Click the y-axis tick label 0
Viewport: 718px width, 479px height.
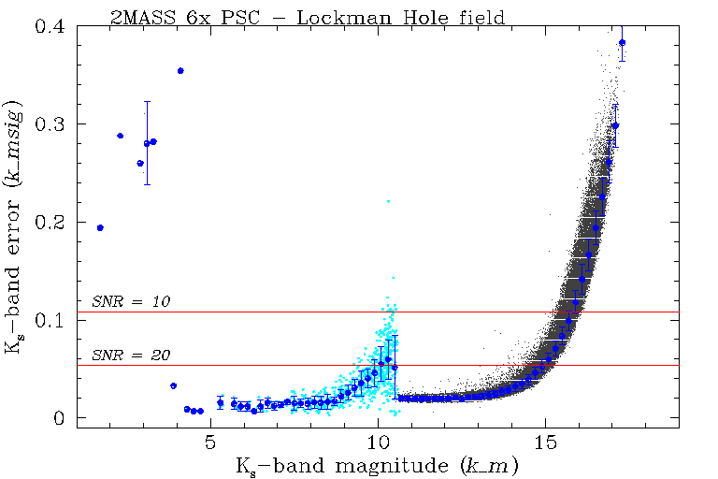59,418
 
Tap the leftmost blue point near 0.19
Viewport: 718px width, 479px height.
100,227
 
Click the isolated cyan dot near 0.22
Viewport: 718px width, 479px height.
388,201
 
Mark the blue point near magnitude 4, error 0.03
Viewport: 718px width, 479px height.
173,385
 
